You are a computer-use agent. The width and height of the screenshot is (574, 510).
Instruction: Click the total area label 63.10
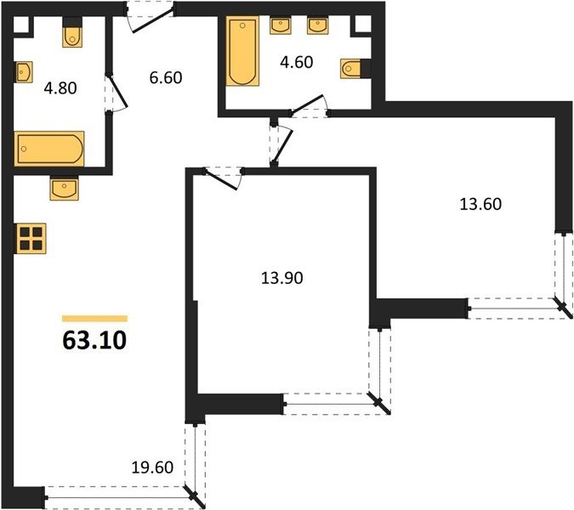pyautogui.click(x=94, y=340)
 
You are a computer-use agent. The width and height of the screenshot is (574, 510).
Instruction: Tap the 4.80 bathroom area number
pyautogui.click(x=60, y=88)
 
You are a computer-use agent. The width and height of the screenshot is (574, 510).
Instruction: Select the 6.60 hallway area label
pyautogui.click(x=166, y=77)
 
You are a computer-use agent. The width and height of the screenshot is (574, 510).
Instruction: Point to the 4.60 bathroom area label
pyautogui.click(x=297, y=62)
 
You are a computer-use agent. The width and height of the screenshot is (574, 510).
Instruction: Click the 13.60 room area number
pyautogui.click(x=480, y=204)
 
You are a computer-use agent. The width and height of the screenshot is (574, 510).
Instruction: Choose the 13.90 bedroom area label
pyautogui.click(x=281, y=278)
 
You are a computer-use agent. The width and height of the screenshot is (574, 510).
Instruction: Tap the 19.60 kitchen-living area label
pyautogui.click(x=152, y=467)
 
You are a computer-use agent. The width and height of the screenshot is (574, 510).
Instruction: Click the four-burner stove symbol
pyautogui.click(x=31, y=239)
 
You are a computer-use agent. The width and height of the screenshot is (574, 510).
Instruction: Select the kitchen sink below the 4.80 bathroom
pyautogui.click(x=65, y=188)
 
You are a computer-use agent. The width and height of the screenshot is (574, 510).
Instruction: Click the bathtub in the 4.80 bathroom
pyautogui.click(x=49, y=149)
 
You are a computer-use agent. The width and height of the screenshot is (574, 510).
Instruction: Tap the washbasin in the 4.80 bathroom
pyautogui.click(x=24, y=72)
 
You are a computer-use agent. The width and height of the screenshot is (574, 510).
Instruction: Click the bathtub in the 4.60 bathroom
pyautogui.click(x=242, y=51)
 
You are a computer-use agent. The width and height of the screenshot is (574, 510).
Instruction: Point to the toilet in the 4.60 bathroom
pyautogui.click(x=355, y=68)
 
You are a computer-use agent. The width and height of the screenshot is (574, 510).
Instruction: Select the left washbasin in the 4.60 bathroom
pyautogui.click(x=281, y=25)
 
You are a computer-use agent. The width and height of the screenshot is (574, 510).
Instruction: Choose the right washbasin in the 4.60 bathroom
pyautogui.click(x=318, y=25)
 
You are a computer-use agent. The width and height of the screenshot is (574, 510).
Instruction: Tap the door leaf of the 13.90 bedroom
pyautogui.click(x=220, y=180)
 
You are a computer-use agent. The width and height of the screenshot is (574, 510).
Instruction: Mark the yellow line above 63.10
pyautogui.click(x=94, y=319)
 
